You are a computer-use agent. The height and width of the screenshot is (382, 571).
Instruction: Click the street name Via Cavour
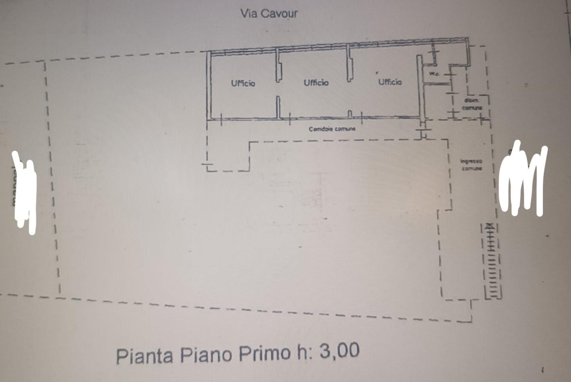[x=269, y=13]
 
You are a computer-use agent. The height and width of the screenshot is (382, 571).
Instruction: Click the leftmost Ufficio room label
[x=243, y=83]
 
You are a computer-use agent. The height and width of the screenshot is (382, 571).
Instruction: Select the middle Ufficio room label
[x=316, y=83]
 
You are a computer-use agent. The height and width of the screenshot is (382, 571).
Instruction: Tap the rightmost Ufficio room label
[x=390, y=82]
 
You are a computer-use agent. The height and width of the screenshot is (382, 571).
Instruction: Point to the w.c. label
[x=434, y=74]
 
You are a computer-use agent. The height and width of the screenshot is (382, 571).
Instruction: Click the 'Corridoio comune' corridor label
[x=332, y=129]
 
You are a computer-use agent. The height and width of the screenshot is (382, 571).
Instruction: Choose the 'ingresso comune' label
[x=471, y=165]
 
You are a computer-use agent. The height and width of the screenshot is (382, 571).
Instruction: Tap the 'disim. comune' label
[x=472, y=104]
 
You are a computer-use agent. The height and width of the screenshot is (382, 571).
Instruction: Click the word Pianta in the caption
[x=145, y=355]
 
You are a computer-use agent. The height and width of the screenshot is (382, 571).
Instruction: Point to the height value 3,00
[x=339, y=351]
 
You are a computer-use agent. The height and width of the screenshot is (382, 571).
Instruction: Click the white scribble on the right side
[x=522, y=178]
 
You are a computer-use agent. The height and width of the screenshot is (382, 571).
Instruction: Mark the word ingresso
[x=471, y=161]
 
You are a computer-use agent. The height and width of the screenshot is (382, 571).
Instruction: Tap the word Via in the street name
[x=249, y=13]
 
